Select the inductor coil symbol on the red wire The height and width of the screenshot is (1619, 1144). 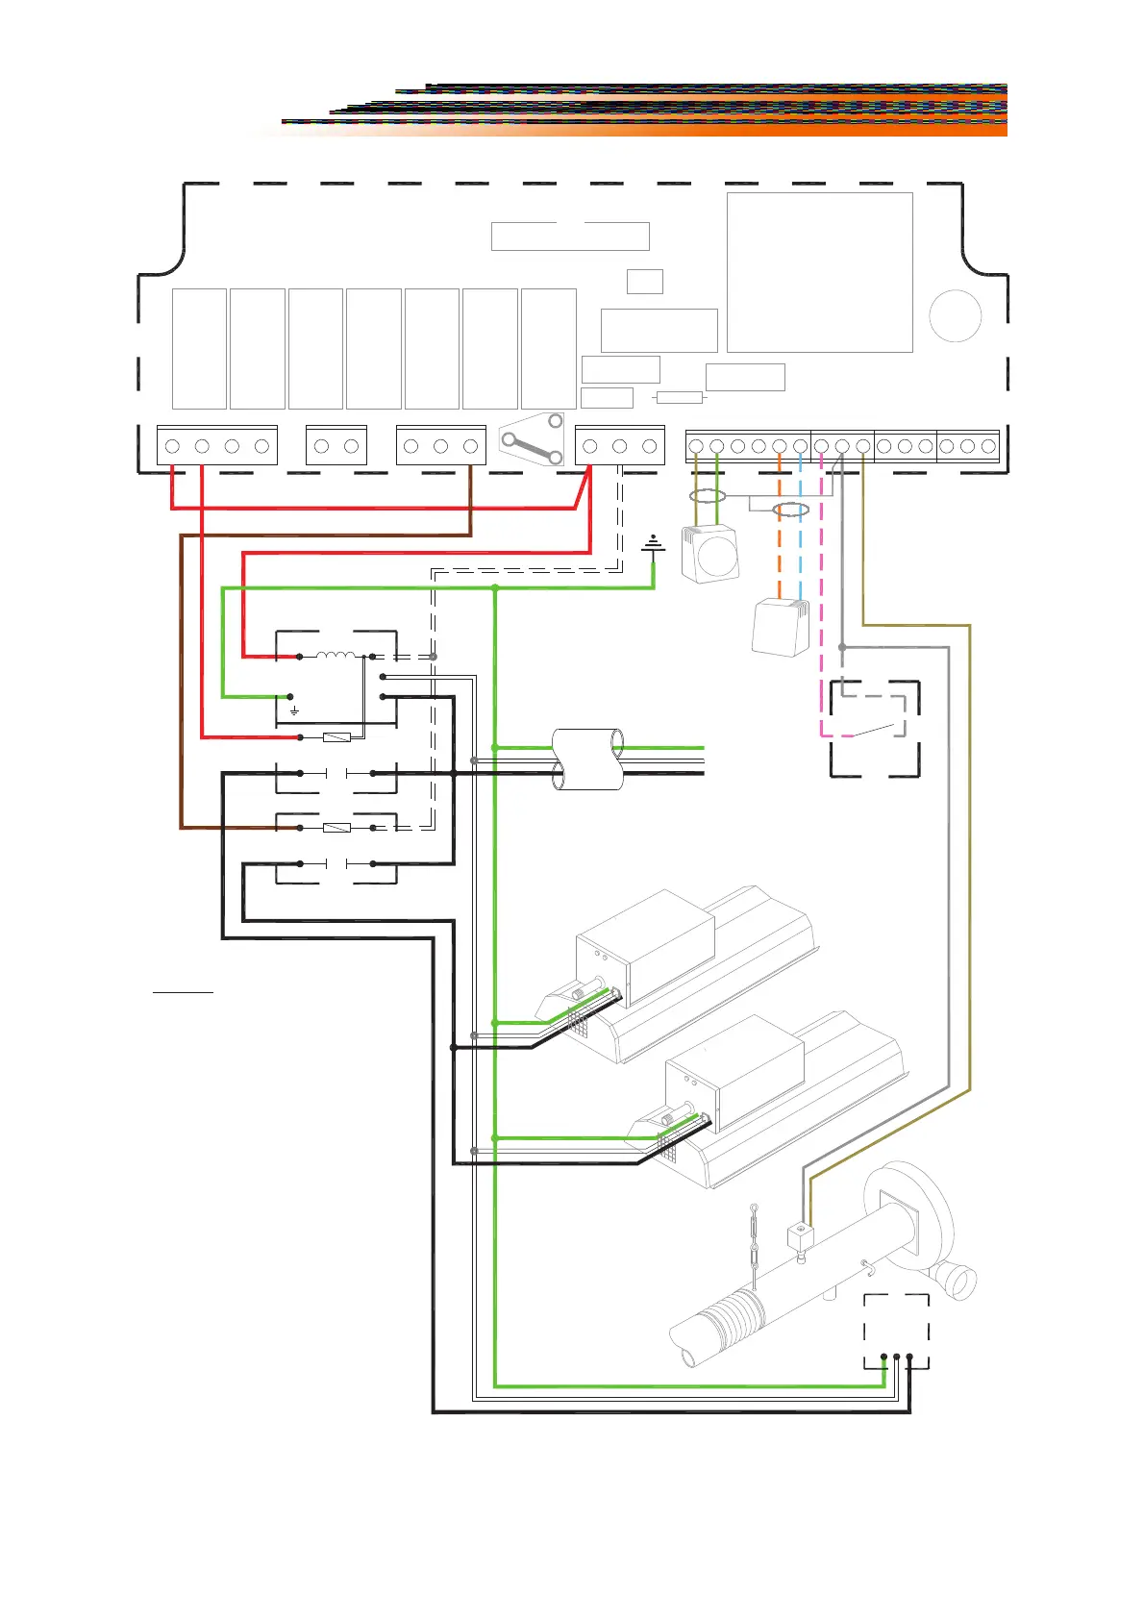(336, 656)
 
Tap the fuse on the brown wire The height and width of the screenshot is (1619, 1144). (336, 827)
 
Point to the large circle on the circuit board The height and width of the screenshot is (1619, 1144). (955, 315)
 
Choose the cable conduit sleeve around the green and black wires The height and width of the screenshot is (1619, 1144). (588, 760)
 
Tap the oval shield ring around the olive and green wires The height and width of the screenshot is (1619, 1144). (708, 497)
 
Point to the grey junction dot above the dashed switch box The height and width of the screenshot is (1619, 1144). (842, 647)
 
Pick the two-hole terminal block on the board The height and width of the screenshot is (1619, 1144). (336, 446)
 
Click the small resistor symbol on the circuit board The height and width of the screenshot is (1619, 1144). (679, 397)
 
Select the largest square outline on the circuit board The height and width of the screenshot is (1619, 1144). (819, 272)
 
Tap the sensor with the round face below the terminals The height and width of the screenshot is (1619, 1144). (712, 554)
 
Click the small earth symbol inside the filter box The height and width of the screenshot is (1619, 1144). (294, 711)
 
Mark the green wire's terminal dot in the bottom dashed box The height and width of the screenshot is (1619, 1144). (883, 1357)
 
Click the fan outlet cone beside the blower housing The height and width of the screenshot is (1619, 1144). (960, 1280)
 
